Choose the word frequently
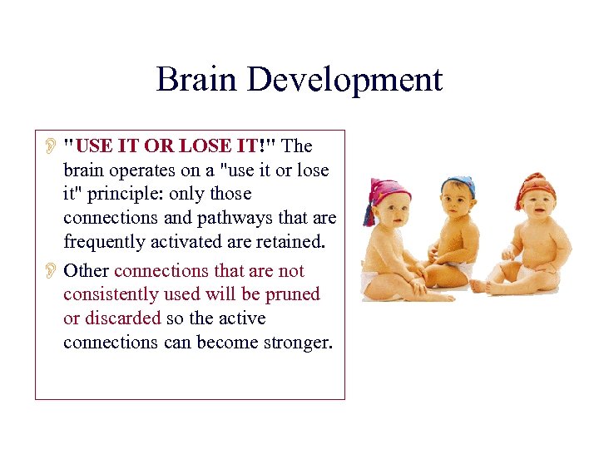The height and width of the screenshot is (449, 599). click(x=106, y=242)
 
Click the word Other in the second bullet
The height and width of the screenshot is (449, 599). click(x=87, y=271)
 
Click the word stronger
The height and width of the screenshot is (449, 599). click(x=292, y=343)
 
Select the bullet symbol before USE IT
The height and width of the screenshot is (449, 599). click(x=50, y=147)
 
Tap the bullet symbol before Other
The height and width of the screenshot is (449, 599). click(x=50, y=272)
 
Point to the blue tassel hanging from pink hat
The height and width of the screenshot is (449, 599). click(x=367, y=214)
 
